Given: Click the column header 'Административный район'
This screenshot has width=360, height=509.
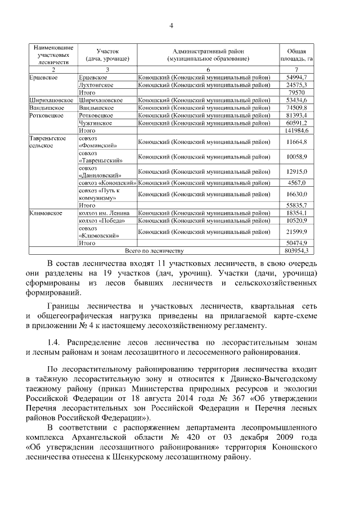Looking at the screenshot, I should pyautogui.click(x=208, y=54).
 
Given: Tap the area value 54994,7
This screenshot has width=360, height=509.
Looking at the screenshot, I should pyautogui.click(x=296, y=77).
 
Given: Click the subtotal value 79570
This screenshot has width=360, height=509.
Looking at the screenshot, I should pyautogui.click(x=296, y=92).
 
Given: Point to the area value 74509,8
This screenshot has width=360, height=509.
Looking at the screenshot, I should pyautogui.click(x=296, y=107).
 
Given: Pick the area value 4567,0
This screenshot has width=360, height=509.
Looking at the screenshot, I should pyautogui.click(x=296, y=183).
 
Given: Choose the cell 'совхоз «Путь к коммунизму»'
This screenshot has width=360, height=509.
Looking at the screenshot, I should pyautogui.click(x=98, y=194).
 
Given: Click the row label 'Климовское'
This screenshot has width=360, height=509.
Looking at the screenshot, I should pyautogui.click(x=45, y=213).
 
